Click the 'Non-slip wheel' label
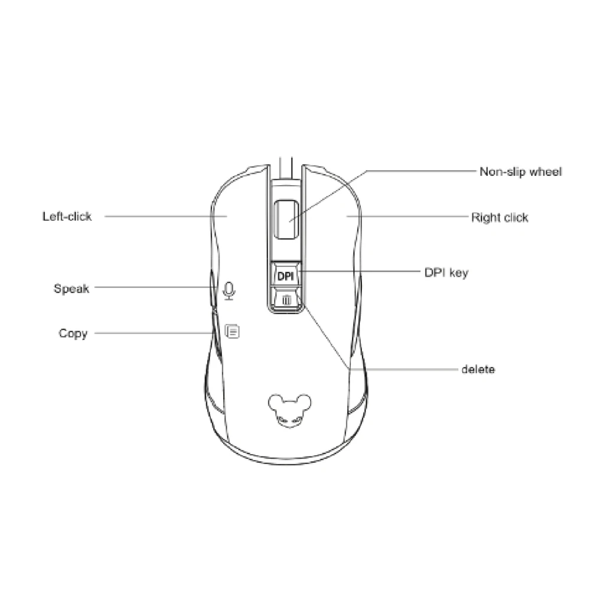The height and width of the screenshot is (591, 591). click(x=520, y=172)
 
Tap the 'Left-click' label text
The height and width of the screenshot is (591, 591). click(x=67, y=216)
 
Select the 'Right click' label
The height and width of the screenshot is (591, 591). click(x=499, y=217)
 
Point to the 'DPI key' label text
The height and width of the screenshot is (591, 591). click(x=446, y=273)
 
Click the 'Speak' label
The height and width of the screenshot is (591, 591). click(x=71, y=289)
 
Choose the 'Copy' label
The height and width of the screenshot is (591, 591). click(x=73, y=333)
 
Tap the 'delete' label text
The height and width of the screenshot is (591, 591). click(x=478, y=370)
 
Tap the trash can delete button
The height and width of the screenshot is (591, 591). click(x=286, y=299)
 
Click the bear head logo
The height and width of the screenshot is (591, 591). click(x=286, y=408)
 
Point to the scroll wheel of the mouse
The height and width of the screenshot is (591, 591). click(x=286, y=219)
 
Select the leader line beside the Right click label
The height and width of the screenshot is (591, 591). click(x=407, y=217)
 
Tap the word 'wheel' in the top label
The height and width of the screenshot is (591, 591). click(x=546, y=172)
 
